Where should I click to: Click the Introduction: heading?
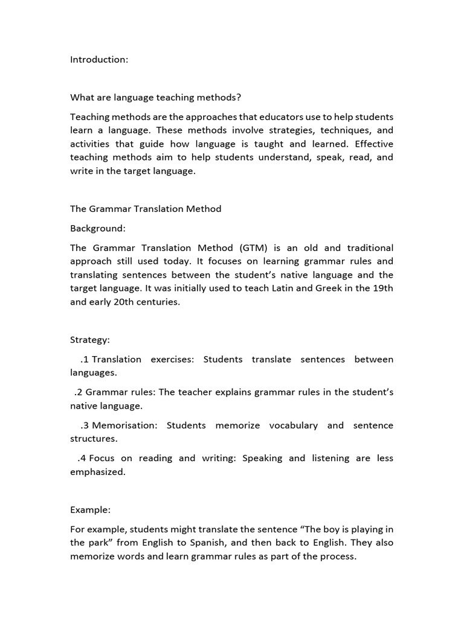(99, 59)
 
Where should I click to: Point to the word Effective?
(374, 144)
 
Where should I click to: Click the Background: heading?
(98, 229)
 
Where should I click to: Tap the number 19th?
(382, 288)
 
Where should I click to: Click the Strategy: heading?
(90, 340)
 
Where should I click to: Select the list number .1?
(85, 360)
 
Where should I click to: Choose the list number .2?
(79, 392)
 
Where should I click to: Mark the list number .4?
(82, 458)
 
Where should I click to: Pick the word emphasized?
(97, 472)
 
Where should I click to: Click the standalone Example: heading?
(90, 510)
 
